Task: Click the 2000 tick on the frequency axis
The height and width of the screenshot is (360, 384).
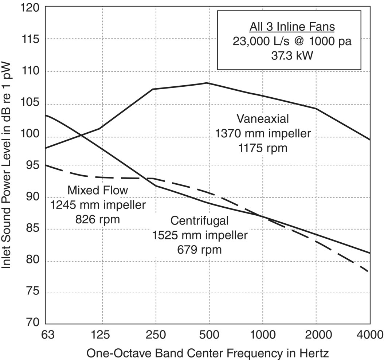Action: pos(316,334)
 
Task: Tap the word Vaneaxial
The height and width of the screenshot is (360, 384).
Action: pos(263,119)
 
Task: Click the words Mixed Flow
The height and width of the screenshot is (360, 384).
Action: pos(98,190)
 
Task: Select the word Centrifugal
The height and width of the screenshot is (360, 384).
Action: pos(200,220)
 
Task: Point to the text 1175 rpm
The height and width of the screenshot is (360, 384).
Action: pos(263,148)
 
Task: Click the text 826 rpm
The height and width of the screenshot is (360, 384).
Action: pos(98,219)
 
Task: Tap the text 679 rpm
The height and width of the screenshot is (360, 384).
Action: pos(200,250)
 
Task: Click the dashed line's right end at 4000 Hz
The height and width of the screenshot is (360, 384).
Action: pos(369,272)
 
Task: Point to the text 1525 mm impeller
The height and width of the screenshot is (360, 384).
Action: pos(200,235)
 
